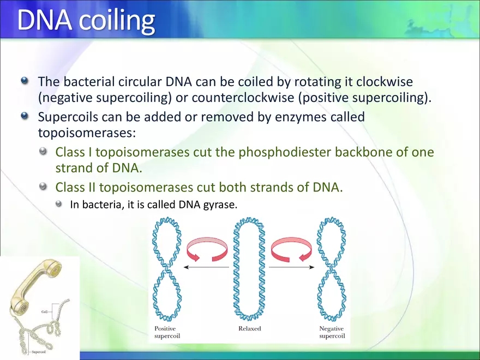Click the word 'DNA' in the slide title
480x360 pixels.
[44, 20]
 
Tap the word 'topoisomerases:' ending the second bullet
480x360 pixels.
[87, 133]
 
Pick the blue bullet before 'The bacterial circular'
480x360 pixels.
[25, 81]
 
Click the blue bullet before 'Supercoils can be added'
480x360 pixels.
[25, 116]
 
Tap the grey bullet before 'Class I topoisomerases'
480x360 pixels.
[44, 151]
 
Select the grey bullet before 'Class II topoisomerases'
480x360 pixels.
[44, 186]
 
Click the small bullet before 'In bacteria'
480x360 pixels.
[59, 203]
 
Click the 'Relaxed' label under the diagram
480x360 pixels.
[250, 328]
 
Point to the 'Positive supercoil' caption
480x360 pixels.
[167, 332]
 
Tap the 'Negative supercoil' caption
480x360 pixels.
[332, 332]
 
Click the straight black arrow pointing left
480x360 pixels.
[206, 267]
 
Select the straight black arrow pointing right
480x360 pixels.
[292, 267]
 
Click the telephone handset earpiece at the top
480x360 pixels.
[53, 267]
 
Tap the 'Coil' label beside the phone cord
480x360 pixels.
[45, 311]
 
